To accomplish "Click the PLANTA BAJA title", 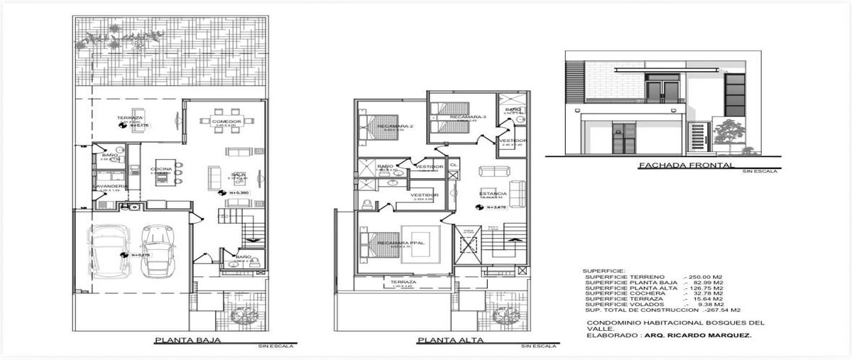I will [187, 340].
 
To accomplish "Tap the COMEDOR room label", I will [226, 121].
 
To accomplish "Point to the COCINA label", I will [161, 168].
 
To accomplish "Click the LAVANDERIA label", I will [109, 187].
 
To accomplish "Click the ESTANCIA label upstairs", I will [492, 193].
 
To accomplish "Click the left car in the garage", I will [111, 253].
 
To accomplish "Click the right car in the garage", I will [158, 252].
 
